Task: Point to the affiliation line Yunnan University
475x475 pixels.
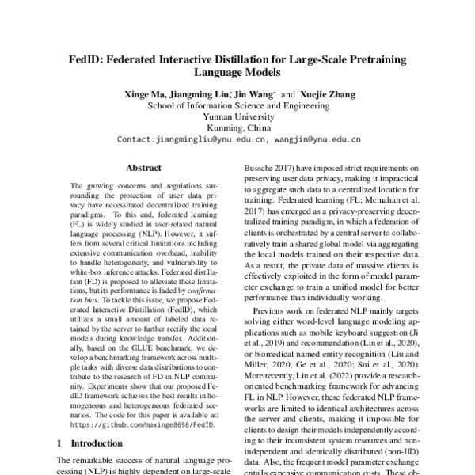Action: pyautogui.click(x=237, y=117)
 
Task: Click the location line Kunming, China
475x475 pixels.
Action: pyautogui.click(x=237, y=128)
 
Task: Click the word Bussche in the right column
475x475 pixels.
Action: pyautogui.click(x=257, y=169)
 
